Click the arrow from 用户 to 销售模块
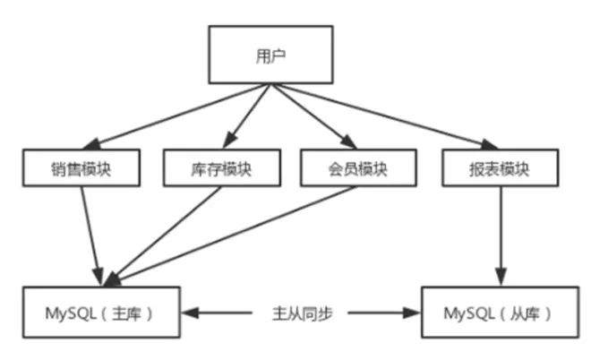179,116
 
